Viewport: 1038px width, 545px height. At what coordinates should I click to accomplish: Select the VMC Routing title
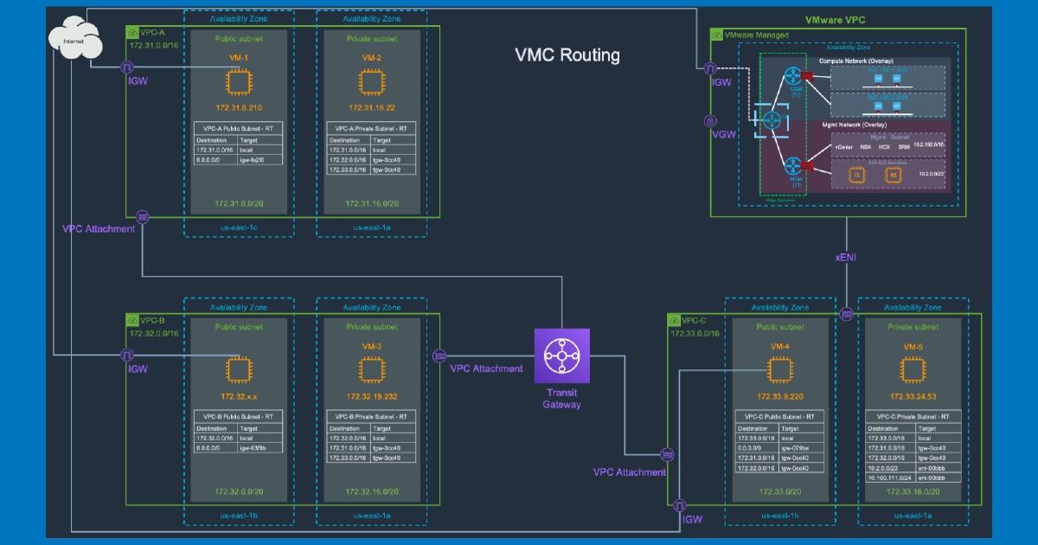coord(567,55)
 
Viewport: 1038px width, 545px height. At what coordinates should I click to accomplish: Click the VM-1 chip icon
coord(238,83)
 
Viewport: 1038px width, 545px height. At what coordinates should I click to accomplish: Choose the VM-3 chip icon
coord(371,370)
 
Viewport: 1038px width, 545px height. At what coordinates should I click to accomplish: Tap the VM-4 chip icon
coord(780,370)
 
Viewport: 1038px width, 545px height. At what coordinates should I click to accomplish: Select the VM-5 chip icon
coord(913,370)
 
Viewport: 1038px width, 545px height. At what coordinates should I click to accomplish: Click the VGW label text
coord(723,136)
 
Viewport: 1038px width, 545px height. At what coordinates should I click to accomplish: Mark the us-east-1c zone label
coord(238,229)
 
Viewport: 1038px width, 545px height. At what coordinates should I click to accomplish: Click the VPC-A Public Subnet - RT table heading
coord(238,128)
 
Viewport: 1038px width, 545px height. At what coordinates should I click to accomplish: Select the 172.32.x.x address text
coord(238,396)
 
